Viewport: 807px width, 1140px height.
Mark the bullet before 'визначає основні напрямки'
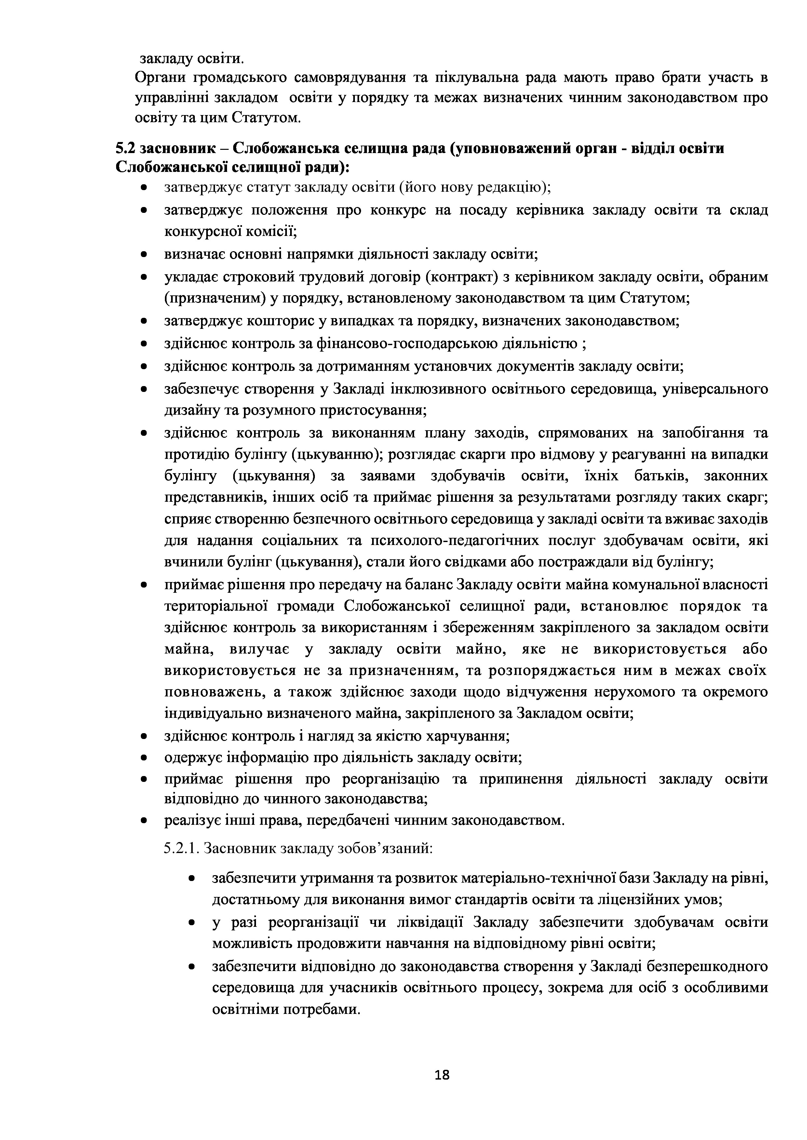(144, 255)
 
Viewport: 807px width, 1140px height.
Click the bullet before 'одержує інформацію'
(144, 758)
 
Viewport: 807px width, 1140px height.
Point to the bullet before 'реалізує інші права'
(144, 821)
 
